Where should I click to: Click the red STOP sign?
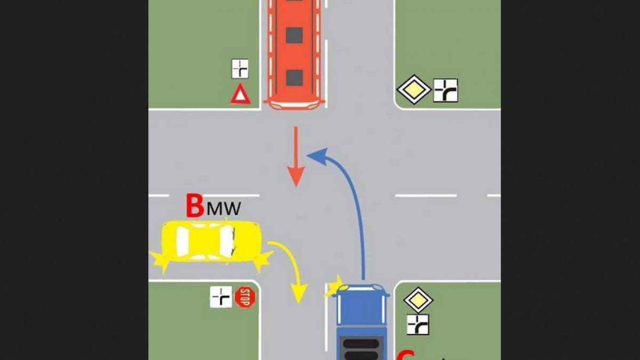(x=245, y=297)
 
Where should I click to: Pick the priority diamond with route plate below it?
(x=418, y=300)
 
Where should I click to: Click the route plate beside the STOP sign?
(x=221, y=297)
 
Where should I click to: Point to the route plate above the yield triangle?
(x=240, y=69)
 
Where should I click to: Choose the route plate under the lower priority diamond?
(x=418, y=324)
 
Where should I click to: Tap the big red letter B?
(x=195, y=206)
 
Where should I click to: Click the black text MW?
(x=223, y=209)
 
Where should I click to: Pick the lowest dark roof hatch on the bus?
(x=294, y=78)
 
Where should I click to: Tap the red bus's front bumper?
(x=294, y=105)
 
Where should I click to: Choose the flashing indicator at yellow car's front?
(x=262, y=261)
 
